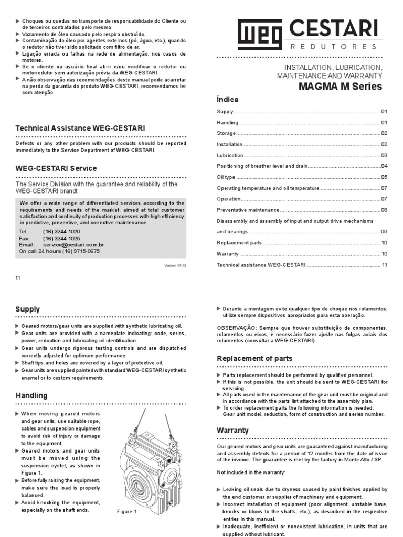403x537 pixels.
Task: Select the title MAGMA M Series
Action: (x=340, y=87)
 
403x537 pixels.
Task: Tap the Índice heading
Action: (x=227, y=100)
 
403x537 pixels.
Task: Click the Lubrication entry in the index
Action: (x=230, y=155)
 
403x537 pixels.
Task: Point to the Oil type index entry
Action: (x=226, y=177)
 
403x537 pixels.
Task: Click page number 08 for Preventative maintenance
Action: (x=384, y=210)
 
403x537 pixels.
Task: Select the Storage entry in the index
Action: (x=227, y=133)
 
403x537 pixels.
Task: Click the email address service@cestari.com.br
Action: (x=73, y=244)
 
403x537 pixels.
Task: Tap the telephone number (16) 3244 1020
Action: (x=61, y=231)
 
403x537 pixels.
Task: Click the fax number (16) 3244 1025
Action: (x=61, y=238)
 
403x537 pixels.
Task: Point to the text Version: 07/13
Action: (x=175, y=265)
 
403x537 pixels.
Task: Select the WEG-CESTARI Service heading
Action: (x=56, y=168)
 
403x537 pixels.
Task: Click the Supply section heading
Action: (x=27, y=309)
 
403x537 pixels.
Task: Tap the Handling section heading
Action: (x=31, y=395)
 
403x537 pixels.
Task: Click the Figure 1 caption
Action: (x=126, y=512)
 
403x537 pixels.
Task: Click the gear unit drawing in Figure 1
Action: (x=150, y=461)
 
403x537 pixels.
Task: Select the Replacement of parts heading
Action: (x=254, y=359)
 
